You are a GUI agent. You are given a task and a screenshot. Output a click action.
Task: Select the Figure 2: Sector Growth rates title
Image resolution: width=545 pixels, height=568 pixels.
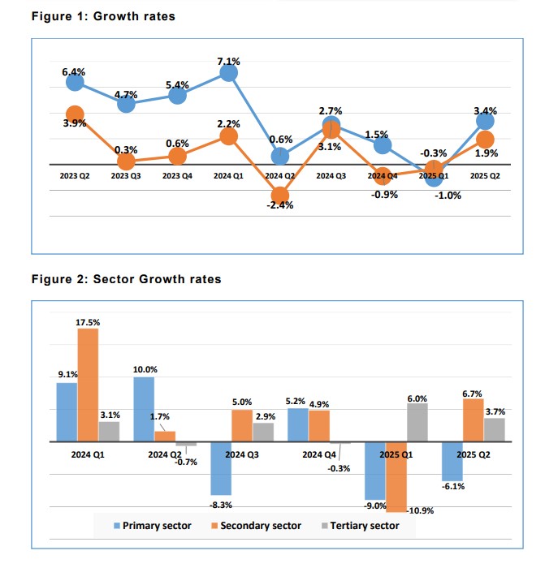click(126, 279)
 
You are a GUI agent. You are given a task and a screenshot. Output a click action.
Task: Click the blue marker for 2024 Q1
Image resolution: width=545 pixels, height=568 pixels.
click(228, 73)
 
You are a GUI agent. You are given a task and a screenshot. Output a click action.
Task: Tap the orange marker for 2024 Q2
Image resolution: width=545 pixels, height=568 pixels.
click(279, 195)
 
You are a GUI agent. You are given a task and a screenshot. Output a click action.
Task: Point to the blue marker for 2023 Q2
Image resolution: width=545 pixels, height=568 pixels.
click(75, 82)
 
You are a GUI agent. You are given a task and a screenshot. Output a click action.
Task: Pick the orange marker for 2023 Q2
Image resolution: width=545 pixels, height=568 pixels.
click(75, 114)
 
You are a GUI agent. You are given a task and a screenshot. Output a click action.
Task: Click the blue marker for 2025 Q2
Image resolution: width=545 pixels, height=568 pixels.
click(485, 121)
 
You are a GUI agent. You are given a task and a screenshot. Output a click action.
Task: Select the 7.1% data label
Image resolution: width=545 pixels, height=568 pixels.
click(228, 60)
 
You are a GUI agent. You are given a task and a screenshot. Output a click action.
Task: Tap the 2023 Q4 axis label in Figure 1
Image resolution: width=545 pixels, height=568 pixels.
click(176, 174)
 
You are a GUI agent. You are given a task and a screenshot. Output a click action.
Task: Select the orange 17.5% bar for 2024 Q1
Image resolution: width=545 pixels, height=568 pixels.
click(88, 385)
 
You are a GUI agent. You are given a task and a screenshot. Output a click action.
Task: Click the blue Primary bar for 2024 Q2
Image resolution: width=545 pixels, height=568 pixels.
click(144, 409)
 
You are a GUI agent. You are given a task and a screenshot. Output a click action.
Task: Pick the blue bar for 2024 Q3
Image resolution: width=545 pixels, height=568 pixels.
click(220, 468)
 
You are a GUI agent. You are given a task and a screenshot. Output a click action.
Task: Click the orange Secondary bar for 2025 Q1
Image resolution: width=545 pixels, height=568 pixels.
click(396, 476)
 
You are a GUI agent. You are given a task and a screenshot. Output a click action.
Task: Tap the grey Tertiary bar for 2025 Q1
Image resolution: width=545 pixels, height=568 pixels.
click(416, 422)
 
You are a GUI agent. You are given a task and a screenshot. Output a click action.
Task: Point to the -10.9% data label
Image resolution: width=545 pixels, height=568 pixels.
click(421, 510)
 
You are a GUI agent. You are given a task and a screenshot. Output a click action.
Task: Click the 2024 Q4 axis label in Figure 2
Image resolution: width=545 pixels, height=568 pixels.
click(318, 454)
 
